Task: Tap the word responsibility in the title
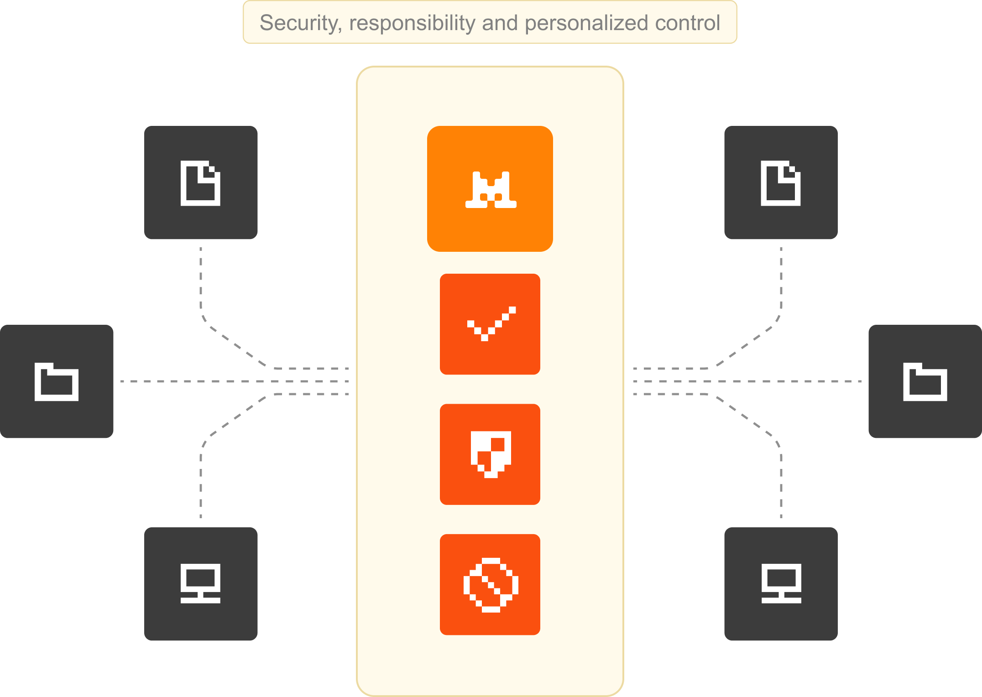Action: (412, 23)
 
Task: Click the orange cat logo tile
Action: (490, 189)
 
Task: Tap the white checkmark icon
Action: (491, 324)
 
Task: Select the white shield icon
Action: (491, 454)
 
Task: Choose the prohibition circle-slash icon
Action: (491, 585)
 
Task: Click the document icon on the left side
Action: (200, 183)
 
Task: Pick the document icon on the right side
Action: (781, 183)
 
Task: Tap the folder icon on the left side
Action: (57, 382)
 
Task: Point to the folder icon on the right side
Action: (925, 382)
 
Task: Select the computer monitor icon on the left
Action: (200, 584)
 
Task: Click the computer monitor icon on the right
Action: (781, 584)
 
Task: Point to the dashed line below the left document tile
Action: (201, 283)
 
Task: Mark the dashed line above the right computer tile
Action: (781, 484)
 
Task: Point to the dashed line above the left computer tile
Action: (201, 484)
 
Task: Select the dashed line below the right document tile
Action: (781, 283)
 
